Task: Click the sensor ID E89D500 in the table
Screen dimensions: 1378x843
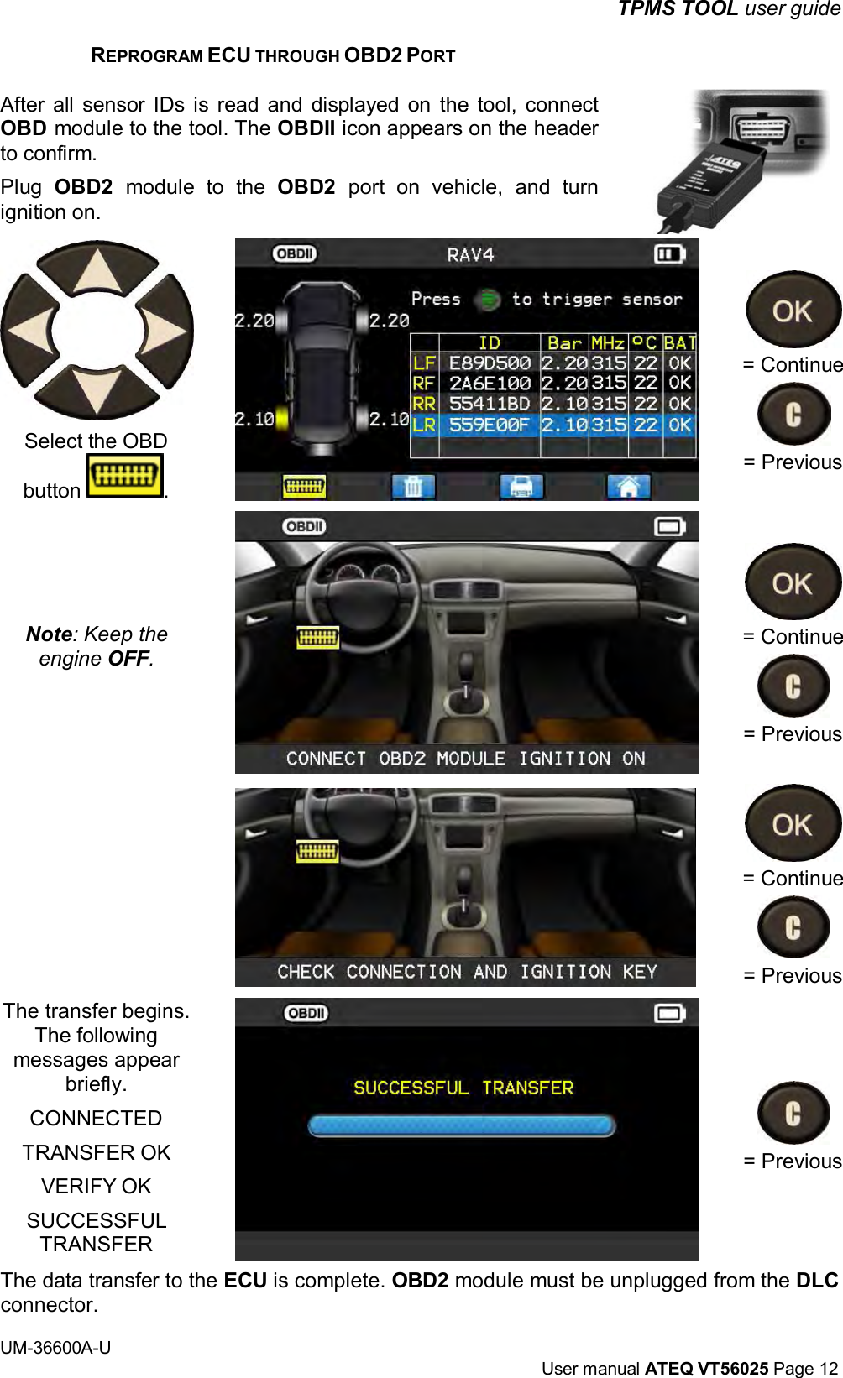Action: tap(490, 363)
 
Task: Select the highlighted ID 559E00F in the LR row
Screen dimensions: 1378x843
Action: tap(490, 425)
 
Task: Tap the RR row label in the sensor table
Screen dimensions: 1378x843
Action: tap(424, 405)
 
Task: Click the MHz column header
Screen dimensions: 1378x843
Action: tap(608, 343)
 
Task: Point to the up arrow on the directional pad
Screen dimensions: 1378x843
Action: tap(98, 270)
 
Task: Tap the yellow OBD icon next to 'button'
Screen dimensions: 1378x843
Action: tap(124, 477)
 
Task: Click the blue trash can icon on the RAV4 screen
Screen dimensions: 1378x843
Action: tap(413, 486)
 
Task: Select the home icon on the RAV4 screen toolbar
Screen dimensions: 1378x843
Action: tap(629, 486)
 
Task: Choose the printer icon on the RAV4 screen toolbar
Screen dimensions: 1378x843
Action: tap(521, 486)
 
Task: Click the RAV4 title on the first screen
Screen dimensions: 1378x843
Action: tap(470, 254)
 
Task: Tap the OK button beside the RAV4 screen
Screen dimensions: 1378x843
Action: tap(792, 311)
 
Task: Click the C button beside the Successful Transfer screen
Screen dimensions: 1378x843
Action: tap(793, 1114)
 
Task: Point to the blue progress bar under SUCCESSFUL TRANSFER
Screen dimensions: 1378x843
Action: tap(462, 1125)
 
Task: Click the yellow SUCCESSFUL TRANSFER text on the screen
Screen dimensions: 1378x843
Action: tap(463, 1088)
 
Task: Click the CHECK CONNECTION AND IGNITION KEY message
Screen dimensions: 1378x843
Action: tap(467, 972)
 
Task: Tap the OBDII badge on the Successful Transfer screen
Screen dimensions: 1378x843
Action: tap(306, 1013)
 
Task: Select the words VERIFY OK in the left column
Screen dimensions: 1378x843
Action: tap(97, 1186)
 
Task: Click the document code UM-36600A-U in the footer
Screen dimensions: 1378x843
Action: tap(55, 1348)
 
